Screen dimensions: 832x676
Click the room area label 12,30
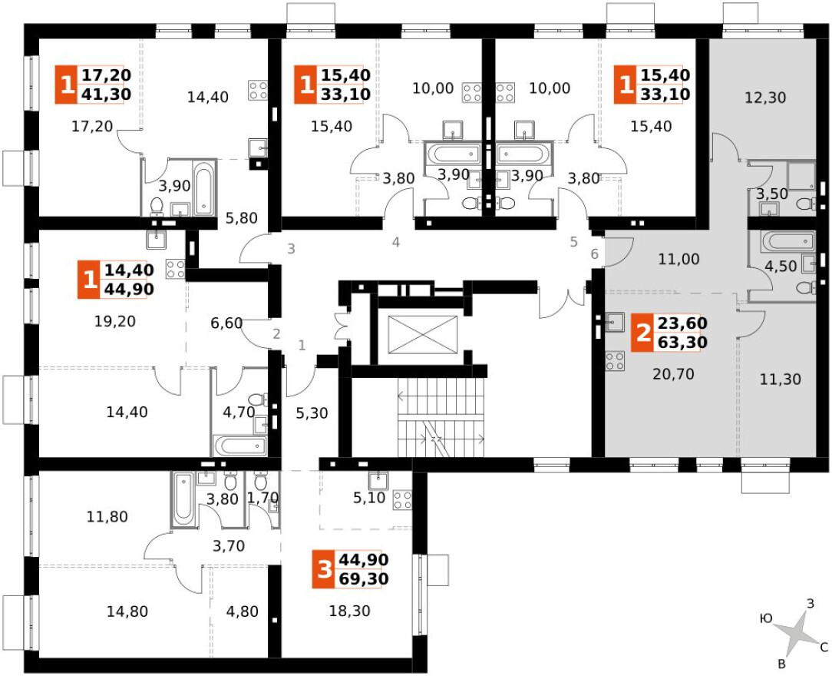[765, 98]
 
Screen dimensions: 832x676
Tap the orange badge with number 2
[643, 333]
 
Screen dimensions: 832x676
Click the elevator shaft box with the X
[422, 334]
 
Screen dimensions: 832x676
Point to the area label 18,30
[350, 611]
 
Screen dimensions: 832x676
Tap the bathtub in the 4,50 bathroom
[787, 243]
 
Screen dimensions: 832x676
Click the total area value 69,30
[364, 578]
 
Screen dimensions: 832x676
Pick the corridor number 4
[396, 243]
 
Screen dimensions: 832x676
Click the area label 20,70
[673, 374]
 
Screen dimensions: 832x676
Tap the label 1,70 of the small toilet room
[263, 498]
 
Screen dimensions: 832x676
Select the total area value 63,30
[682, 342]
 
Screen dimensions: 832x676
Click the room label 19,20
[115, 321]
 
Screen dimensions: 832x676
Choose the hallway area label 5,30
[312, 413]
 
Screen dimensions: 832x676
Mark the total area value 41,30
[106, 94]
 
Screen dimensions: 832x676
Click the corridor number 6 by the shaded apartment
[594, 253]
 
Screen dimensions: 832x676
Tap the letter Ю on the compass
[766, 618]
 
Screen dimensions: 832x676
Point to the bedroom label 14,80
[127, 611]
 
